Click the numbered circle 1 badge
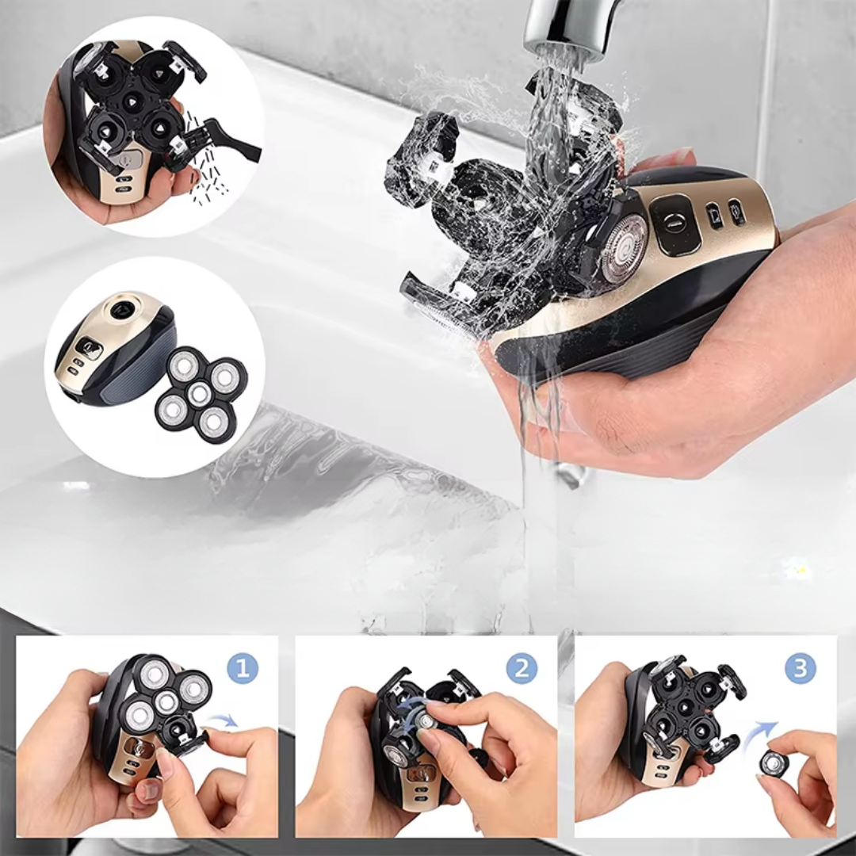(243, 667)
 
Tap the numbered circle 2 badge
(522, 667)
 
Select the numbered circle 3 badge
(801, 667)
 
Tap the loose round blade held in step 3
(773, 762)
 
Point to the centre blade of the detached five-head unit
(199, 392)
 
